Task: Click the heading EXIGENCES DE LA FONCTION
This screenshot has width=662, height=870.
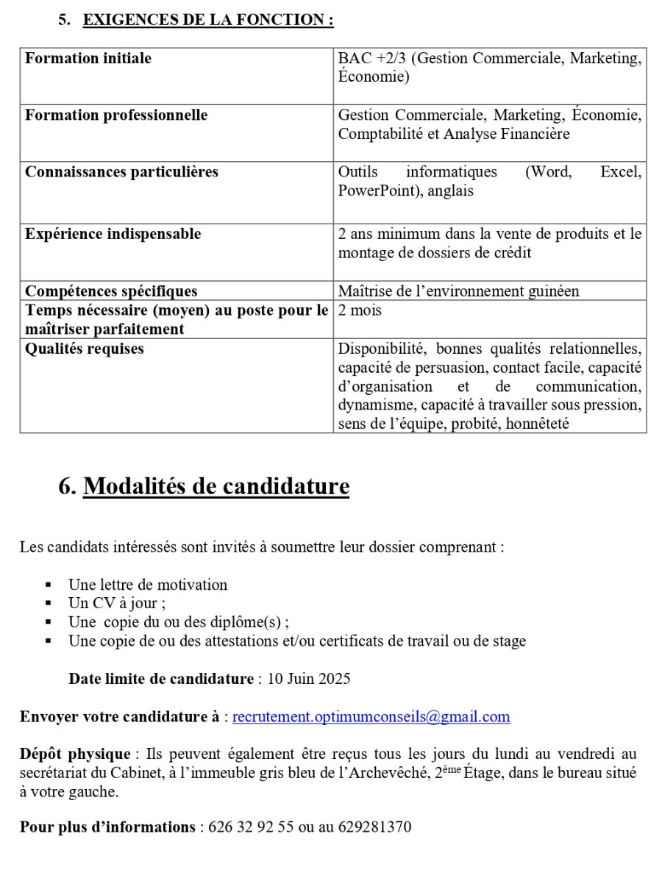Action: point(208,20)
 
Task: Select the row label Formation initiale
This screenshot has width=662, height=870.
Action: point(88,58)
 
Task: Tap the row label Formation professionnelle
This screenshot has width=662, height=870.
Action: point(116,115)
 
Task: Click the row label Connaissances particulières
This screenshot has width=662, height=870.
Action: point(121,172)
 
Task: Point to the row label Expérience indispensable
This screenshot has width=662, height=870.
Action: point(113,234)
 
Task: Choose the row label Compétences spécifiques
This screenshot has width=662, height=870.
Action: point(111,290)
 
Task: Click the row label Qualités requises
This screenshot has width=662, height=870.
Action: point(85,349)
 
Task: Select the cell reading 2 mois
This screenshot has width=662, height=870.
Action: point(360,310)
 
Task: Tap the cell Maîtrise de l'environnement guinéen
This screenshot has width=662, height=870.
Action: point(458,290)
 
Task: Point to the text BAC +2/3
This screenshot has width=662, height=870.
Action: point(371,58)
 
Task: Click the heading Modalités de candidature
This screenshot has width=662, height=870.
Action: point(216,486)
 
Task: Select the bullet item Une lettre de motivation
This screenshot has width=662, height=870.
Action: point(148,585)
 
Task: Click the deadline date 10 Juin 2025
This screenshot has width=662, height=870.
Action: point(309,679)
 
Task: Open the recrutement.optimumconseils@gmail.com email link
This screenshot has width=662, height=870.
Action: point(371,717)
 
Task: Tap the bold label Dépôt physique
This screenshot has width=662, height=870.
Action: point(74,754)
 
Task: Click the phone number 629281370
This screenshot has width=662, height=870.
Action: point(374,827)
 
